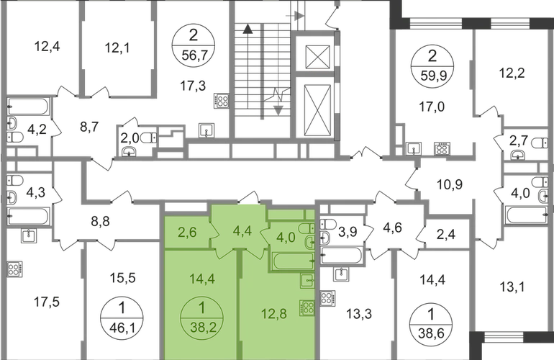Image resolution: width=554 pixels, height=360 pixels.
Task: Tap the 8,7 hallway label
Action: (x=88, y=130)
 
